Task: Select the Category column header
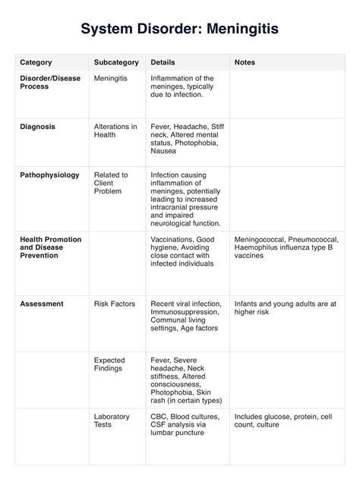click(36, 62)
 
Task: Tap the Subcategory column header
click(115, 62)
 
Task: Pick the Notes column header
click(245, 62)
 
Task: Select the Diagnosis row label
click(37, 127)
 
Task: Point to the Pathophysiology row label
click(49, 175)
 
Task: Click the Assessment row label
click(42, 304)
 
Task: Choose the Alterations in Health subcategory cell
click(115, 131)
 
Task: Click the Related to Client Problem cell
click(111, 183)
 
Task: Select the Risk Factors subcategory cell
click(114, 304)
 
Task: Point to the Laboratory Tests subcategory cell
click(112, 421)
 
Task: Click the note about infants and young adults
click(285, 307)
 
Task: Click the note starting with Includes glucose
click(283, 421)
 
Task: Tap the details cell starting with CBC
click(185, 424)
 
